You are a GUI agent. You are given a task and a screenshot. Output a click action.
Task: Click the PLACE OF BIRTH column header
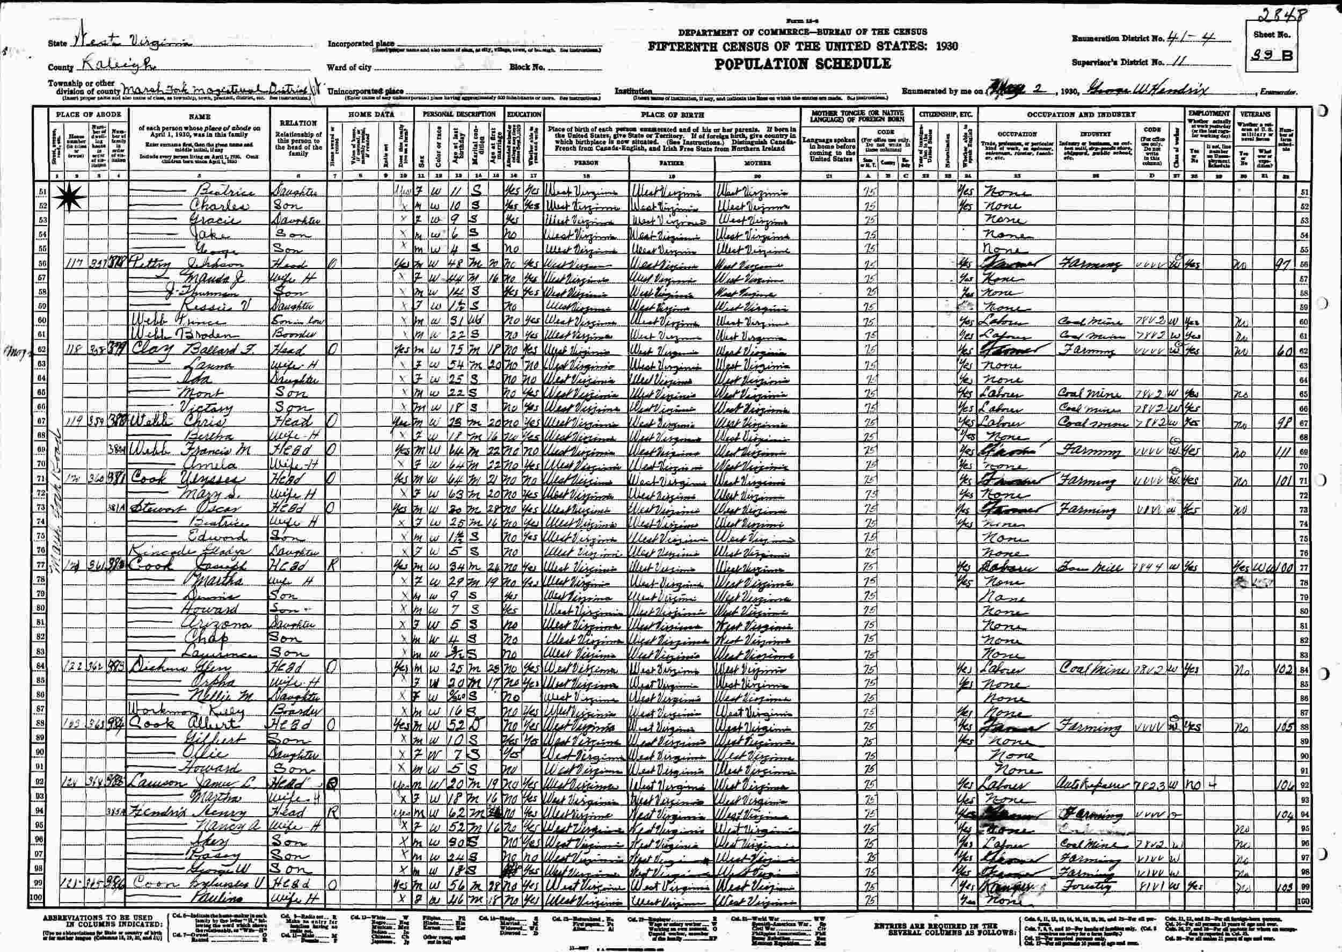[x=672, y=115]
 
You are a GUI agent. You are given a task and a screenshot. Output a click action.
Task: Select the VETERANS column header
[x=1255, y=114]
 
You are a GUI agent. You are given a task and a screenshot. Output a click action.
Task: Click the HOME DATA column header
[x=371, y=114]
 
